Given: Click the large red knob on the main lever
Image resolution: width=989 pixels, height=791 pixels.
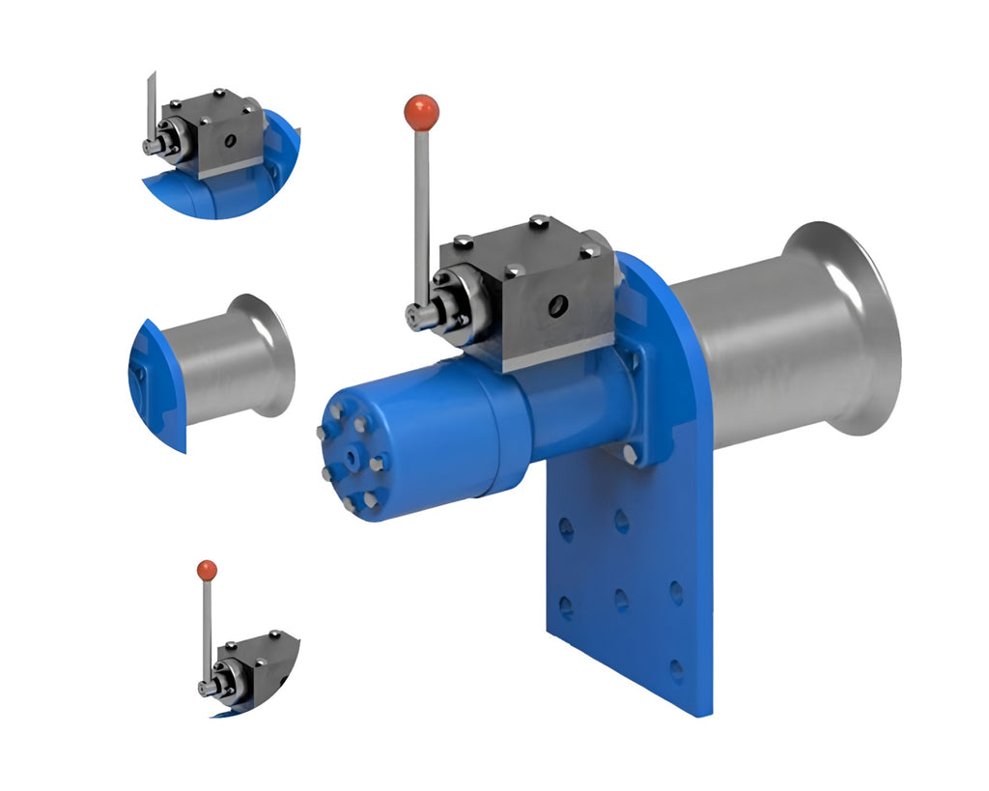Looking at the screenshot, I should pyautogui.click(x=421, y=112).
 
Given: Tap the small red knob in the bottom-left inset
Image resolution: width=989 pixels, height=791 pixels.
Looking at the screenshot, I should pyautogui.click(x=207, y=570).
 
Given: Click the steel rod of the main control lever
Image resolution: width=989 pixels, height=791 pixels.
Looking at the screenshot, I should pyautogui.click(x=421, y=212).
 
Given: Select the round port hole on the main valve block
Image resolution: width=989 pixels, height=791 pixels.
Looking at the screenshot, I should pyautogui.click(x=557, y=307).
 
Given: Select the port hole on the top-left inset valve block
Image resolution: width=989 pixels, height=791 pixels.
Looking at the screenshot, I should pyautogui.click(x=229, y=141).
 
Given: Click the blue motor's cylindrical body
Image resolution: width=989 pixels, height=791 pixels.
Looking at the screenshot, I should pyautogui.click(x=435, y=425).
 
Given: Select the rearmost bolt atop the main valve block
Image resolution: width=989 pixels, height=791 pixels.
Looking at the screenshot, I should pyautogui.click(x=538, y=222).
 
